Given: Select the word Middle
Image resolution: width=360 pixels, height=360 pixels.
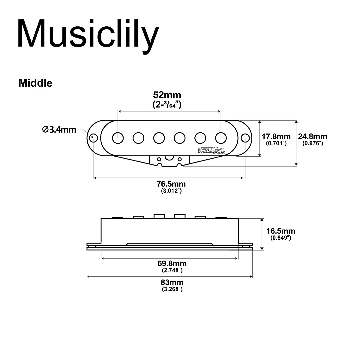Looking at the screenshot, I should pyautogui.click(x=35, y=83).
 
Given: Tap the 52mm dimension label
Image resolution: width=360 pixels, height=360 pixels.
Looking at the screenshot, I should pyautogui.click(x=167, y=95).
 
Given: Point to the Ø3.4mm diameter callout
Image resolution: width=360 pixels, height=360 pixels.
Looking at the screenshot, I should pyautogui.click(x=59, y=130).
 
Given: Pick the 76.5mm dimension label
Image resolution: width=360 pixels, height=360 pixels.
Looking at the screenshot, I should pyautogui.click(x=172, y=184).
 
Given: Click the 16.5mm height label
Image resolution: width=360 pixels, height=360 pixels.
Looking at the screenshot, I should pyautogui.click(x=280, y=231).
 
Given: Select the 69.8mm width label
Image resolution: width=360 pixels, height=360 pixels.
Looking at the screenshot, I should pyautogui.click(x=172, y=264).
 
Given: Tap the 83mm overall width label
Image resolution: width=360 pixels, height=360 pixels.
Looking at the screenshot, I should pyautogui.click(x=172, y=283).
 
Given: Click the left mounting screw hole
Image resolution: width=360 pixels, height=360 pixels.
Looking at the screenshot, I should pyautogui.click(x=94, y=138).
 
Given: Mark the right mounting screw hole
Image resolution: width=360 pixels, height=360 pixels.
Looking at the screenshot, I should pyautogui.click(x=245, y=138).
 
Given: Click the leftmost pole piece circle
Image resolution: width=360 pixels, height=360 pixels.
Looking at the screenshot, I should pyautogui.click(x=118, y=138).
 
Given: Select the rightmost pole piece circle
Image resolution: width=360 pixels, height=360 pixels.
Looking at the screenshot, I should pyautogui.click(x=221, y=138).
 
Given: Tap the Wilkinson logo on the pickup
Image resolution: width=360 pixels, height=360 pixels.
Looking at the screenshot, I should pyautogui.click(x=211, y=151).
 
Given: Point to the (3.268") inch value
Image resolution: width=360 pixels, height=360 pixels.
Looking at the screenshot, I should pyautogui.click(x=172, y=289).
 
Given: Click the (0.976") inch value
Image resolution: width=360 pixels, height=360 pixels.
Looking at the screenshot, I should pyautogui.click(x=312, y=144).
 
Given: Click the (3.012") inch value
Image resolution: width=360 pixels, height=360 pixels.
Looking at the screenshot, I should pyautogui.click(x=172, y=191).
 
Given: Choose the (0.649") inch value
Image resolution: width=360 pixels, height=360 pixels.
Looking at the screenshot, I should pyautogui.click(x=280, y=238).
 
